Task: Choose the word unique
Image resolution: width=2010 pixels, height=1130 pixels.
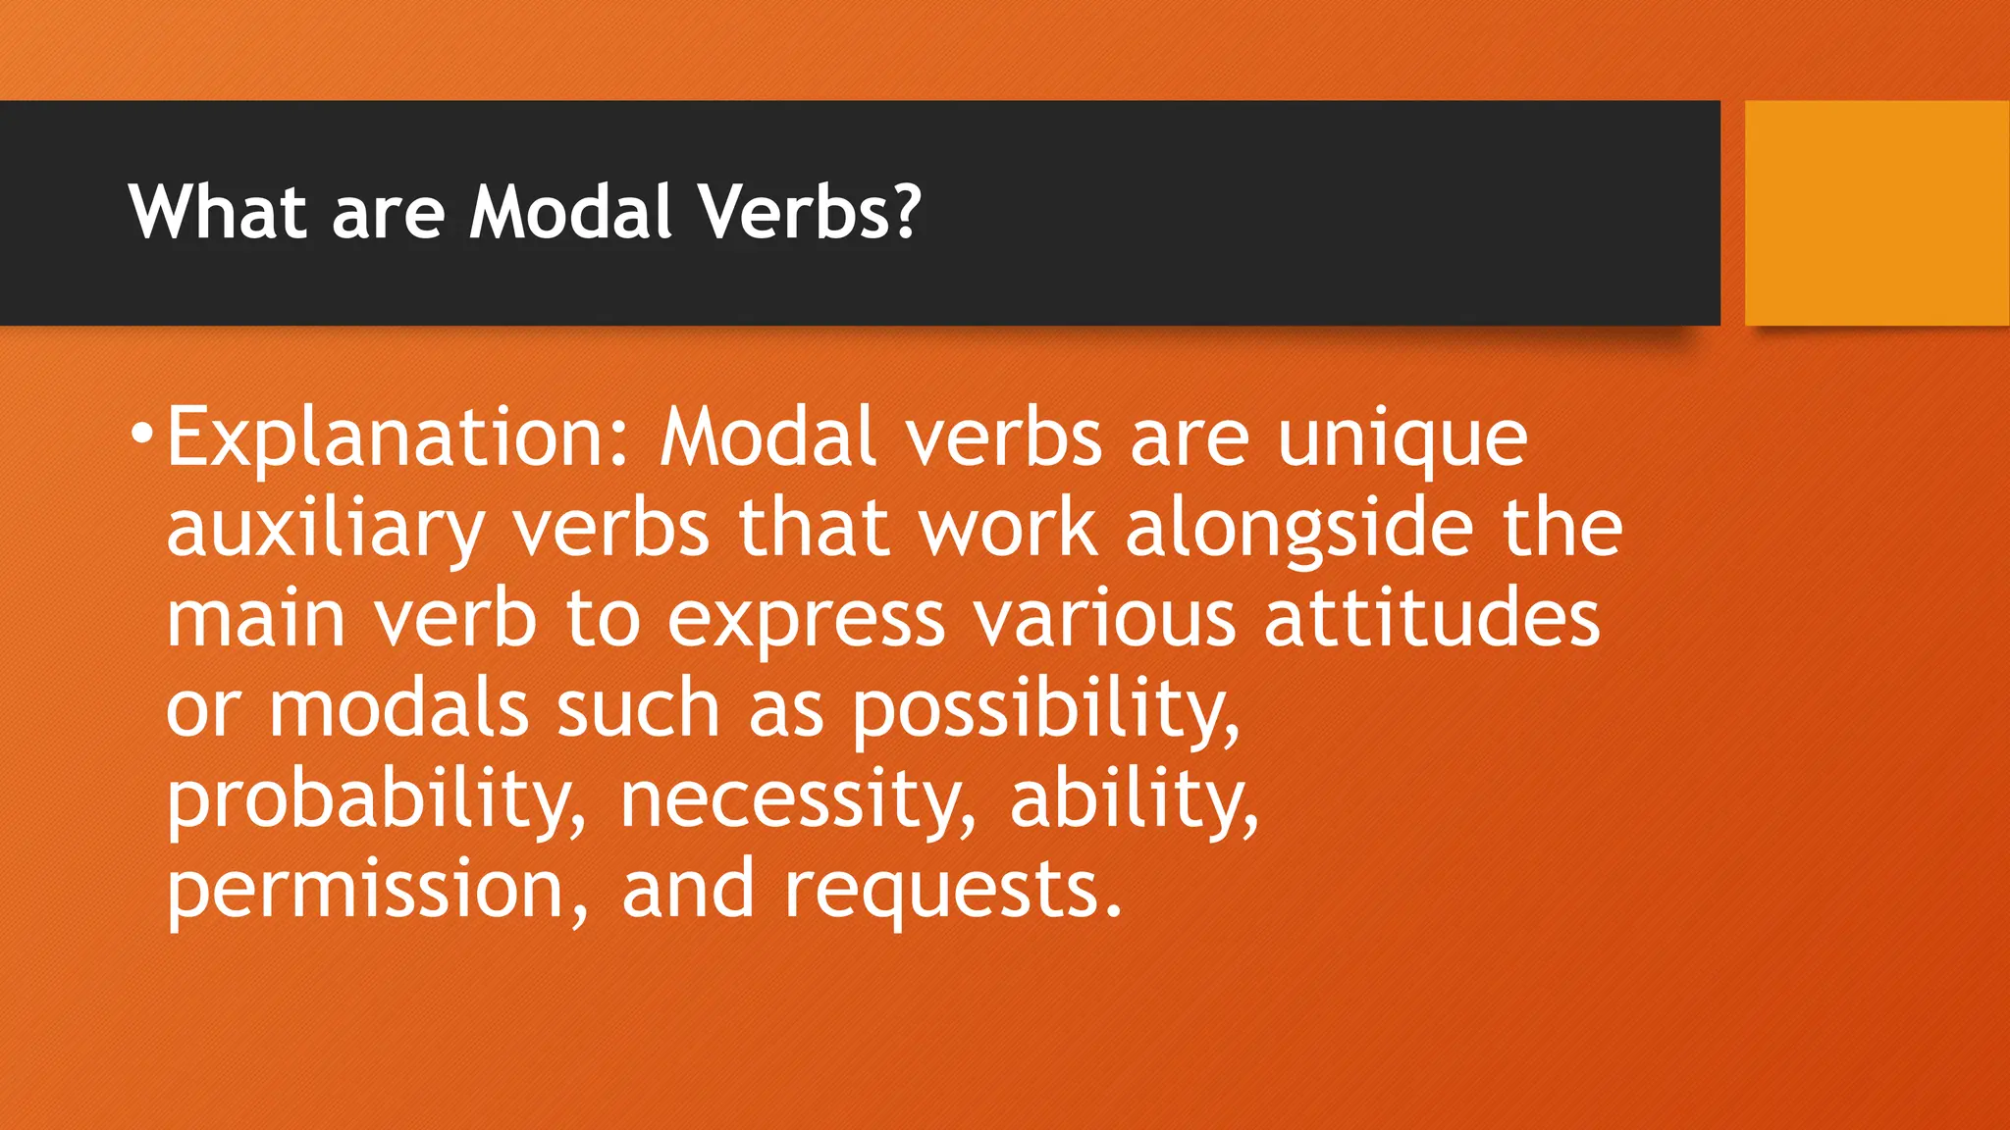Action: click(x=1402, y=440)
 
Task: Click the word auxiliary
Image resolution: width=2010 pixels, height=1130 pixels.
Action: click(x=325, y=531)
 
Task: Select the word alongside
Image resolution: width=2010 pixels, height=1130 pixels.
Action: click(x=1298, y=531)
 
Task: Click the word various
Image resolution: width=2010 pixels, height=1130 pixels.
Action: click(x=1103, y=619)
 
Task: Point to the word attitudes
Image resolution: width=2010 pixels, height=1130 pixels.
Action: click(x=1432, y=619)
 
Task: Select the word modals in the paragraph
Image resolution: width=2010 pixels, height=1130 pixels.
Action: click(x=398, y=709)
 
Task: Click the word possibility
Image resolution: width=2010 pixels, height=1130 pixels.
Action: click(x=1044, y=711)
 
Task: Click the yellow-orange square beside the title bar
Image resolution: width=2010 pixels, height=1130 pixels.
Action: click(x=1877, y=213)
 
